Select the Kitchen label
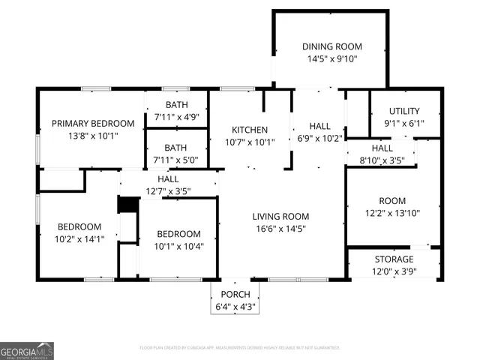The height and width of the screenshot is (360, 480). coord(250,130)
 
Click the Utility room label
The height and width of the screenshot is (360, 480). coord(403,112)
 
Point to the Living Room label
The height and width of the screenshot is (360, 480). coord(281,215)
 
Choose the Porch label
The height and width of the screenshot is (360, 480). coord(235,294)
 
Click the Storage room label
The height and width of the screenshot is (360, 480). coord(394,259)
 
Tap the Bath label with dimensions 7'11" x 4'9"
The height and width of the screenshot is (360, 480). coord(176,105)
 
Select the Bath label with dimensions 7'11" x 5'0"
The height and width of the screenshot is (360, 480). coord(176,148)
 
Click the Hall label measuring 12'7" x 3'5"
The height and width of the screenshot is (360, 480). coord(168,179)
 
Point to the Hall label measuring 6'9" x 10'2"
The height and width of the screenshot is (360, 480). coord(319,126)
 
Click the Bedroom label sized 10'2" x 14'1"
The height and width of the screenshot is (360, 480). coord(79,227)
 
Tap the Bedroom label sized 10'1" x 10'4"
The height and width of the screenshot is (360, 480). coord(178,234)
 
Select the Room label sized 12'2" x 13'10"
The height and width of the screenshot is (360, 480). coord(391,201)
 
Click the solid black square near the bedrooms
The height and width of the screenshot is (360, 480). coord(129,205)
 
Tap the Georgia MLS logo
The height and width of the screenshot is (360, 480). coord(27,350)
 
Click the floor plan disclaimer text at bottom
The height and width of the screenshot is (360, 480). coord(240,348)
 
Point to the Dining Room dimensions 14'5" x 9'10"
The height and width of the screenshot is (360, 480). coord(330,58)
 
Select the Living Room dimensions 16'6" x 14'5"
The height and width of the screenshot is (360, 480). coord(281,228)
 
